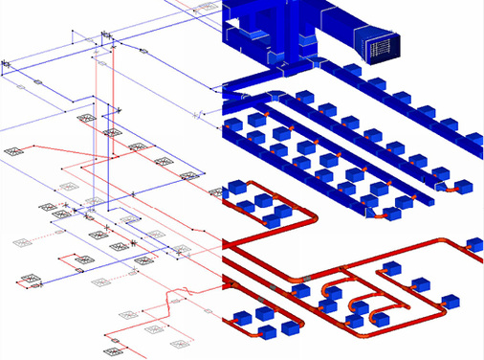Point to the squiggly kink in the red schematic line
(x=172, y=305)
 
